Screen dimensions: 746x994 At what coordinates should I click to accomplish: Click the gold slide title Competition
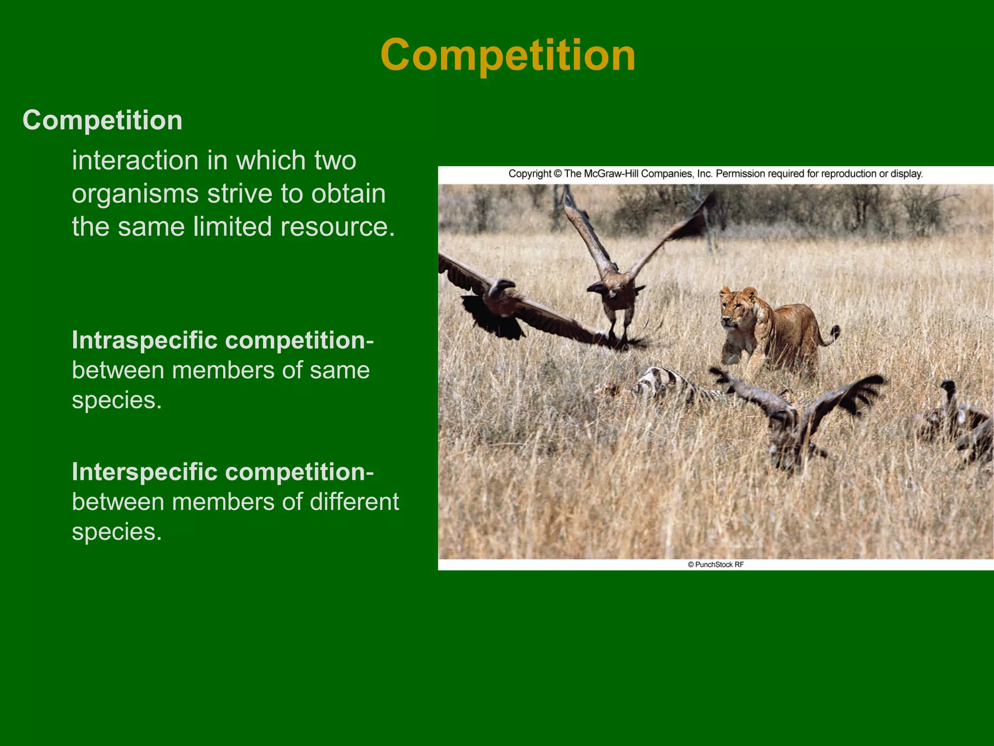point(508,55)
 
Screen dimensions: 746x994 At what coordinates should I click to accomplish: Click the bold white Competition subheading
point(102,120)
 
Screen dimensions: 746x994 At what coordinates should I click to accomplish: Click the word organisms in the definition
point(135,194)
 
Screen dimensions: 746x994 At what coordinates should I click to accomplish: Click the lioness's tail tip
point(836,331)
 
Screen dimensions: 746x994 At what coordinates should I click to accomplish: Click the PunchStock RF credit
point(716,564)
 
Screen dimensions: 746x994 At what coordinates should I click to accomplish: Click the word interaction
point(135,161)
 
